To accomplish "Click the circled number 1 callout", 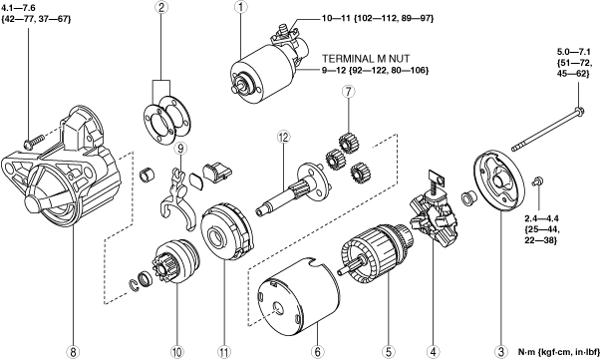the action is pyautogui.click(x=241, y=7).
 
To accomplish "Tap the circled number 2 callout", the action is pyautogui.click(x=161, y=7).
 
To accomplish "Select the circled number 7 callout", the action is pyautogui.click(x=349, y=92).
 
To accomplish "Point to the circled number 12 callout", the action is pyautogui.click(x=284, y=138).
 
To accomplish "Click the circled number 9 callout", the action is pyautogui.click(x=181, y=148).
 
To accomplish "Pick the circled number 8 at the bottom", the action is pyautogui.click(x=73, y=351).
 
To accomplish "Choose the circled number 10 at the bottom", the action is pyautogui.click(x=177, y=351).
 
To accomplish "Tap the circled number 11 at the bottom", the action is pyautogui.click(x=224, y=351).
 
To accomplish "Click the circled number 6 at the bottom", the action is pyautogui.click(x=318, y=351).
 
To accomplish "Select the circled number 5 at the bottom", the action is pyautogui.click(x=388, y=351).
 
